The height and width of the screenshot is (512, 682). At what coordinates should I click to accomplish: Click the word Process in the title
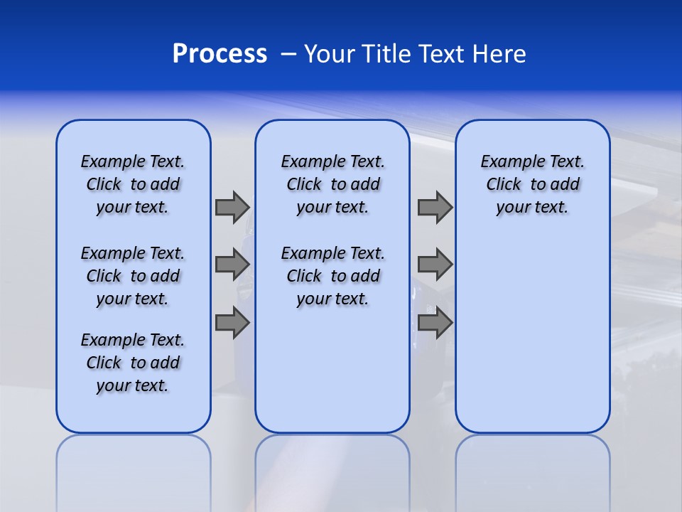click(x=220, y=54)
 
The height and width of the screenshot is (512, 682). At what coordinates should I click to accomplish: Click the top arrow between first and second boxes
click(x=232, y=207)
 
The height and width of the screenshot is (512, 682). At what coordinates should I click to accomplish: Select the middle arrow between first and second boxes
click(x=232, y=265)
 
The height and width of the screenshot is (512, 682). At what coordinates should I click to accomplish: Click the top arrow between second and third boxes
click(x=435, y=207)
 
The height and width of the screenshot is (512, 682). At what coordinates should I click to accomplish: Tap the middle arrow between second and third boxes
click(x=435, y=265)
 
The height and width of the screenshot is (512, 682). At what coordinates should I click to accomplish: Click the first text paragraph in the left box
click(x=133, y=184)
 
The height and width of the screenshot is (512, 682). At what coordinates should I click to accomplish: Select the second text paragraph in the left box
click(x=133, y=276)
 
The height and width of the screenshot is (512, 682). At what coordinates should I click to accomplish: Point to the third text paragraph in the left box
click(x=133, y=363)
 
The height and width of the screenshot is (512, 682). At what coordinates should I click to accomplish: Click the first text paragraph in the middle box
click(x=332, y=184)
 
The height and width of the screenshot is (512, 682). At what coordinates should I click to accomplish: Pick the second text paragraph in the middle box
click(x=332, y=276)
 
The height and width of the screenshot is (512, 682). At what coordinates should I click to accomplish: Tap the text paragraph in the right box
click(x=532, y=184)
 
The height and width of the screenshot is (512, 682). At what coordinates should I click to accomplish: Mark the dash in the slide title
click(x=288, y=54)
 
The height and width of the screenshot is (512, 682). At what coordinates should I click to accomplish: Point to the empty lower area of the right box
click(x=532, y=334)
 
